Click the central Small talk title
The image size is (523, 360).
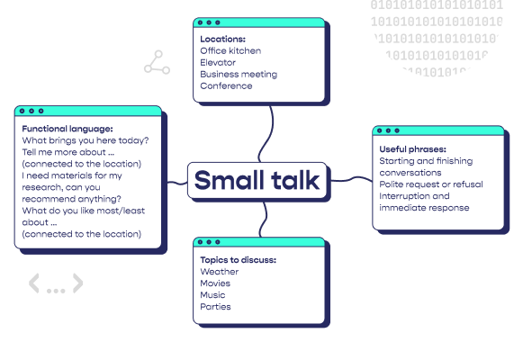(x=257, y=180)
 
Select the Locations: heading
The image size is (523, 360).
(x=223, y=39)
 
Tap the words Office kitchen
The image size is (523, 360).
(x=230, y=50)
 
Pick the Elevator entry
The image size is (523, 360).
(x=218, y=62)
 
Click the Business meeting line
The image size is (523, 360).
(x=239, y=75)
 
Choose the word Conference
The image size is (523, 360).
(x=226, y=86)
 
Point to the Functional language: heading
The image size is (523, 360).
(x=68, y=129)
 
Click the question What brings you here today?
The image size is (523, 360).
(x=86, y=140)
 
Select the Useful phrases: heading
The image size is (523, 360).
(x=412, y=149)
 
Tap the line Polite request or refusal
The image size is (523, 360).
(x=431, y=184)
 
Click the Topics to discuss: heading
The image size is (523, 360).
(x=239, y=260)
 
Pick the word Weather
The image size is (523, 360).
(x=219, y=272)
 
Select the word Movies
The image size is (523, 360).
(x=215, y=283)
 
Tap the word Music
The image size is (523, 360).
(x=212, y=295)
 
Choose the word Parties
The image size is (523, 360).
(x=215, y=307)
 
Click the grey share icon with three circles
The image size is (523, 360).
(x=158, y=62)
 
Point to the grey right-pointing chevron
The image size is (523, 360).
(x=78, y=283)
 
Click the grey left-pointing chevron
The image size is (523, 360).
(x=34, y=283)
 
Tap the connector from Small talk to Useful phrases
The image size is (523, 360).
(x=352, y=179)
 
